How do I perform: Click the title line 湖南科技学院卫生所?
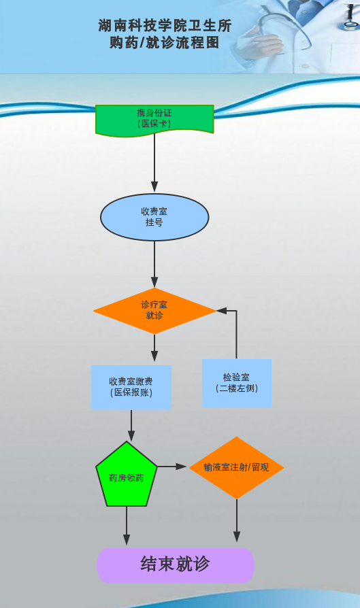tap(165, 26)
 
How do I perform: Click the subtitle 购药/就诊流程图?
tap(165, 42)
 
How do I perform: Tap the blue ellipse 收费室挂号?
tap(154, 217)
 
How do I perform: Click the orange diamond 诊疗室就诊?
tap(154, 311)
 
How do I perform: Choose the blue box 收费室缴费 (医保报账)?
tap(131, 388)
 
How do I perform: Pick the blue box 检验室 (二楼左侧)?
tap(237, 383)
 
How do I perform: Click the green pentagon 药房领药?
tap(127, 475)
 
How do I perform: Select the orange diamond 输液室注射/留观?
tap(237, 468)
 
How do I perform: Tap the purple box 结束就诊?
tap(176, 565)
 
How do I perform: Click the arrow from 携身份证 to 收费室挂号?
tap(154, 163)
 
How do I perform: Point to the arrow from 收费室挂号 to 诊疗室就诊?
tap(154, 264)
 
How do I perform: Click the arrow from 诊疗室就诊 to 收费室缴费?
tap(154, 348)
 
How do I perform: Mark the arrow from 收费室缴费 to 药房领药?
tap(131, 425)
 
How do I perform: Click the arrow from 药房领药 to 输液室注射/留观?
tap(172, 467)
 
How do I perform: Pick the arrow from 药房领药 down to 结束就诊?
tap(127, 526)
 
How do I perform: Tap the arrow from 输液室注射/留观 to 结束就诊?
tap(237, 520)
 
